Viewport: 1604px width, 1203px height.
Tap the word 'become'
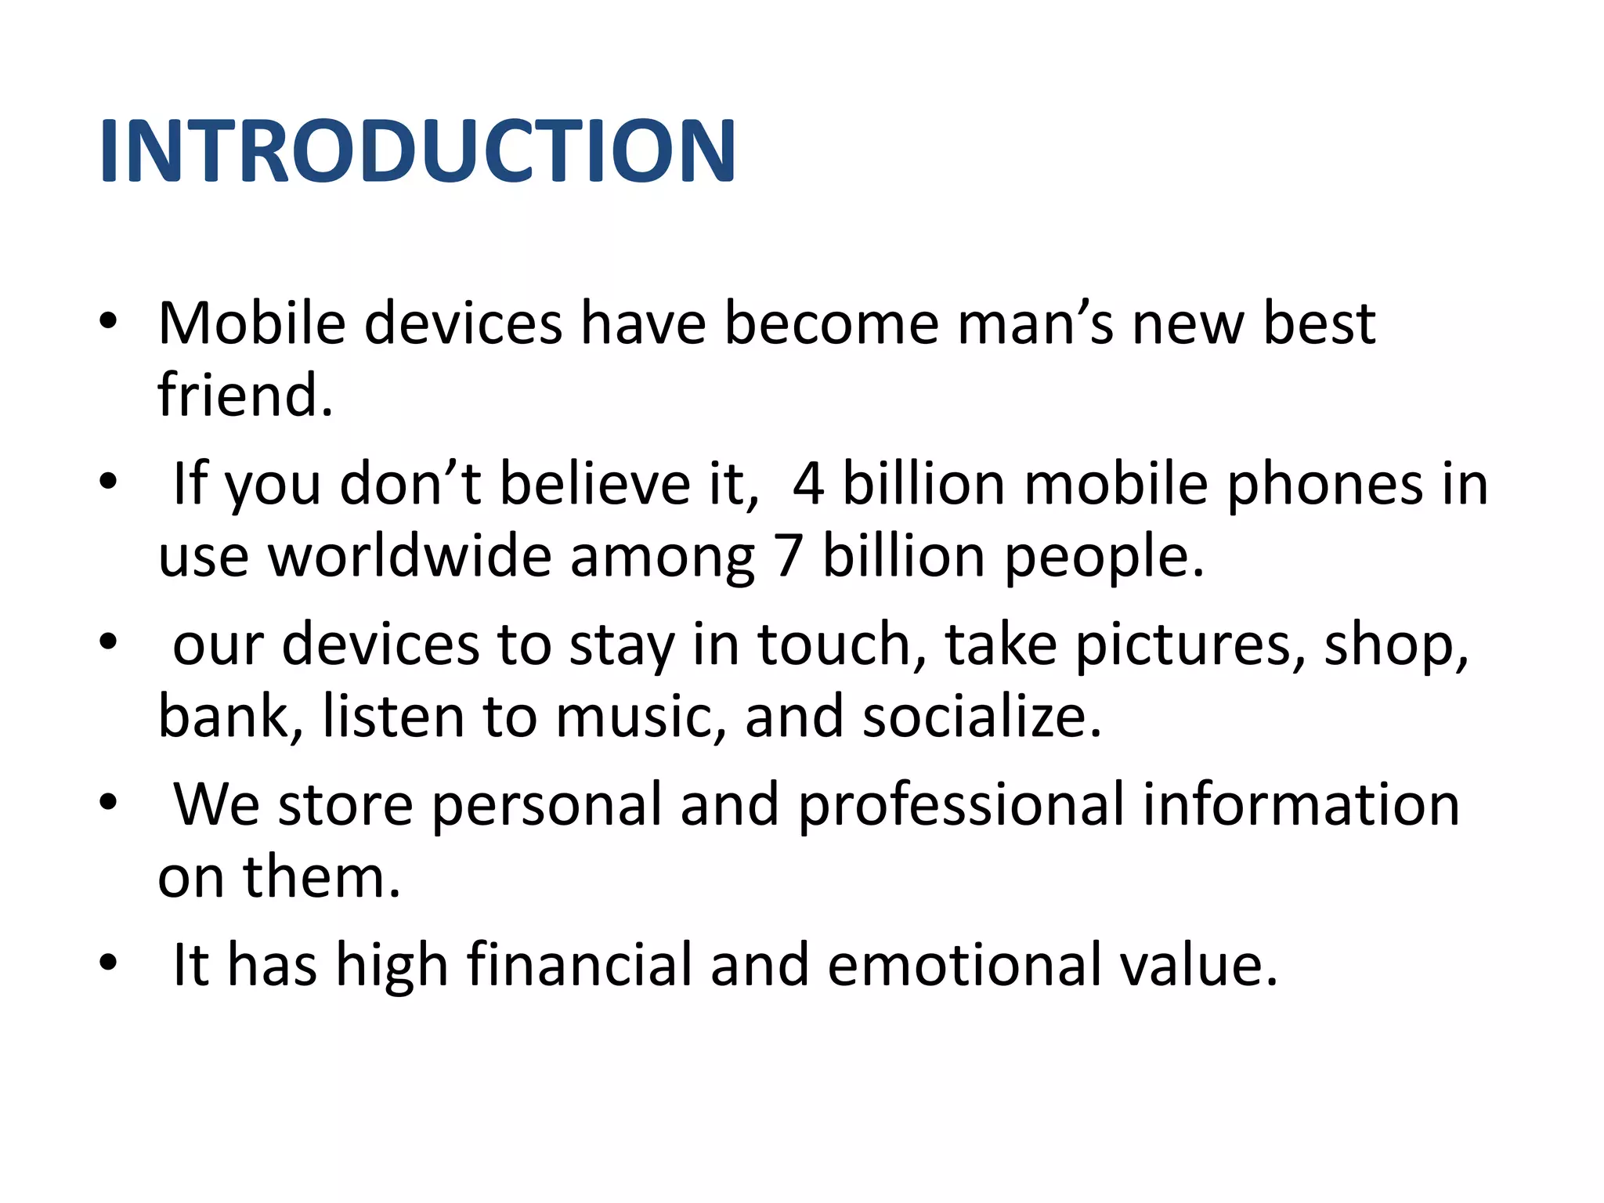coord(831,323)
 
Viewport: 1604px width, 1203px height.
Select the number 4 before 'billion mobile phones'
coord(808,484)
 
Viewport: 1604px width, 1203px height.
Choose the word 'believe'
coord(594,484)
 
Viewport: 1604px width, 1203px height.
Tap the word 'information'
coord(1301,804)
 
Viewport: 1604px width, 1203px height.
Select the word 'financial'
coord(579,965)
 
